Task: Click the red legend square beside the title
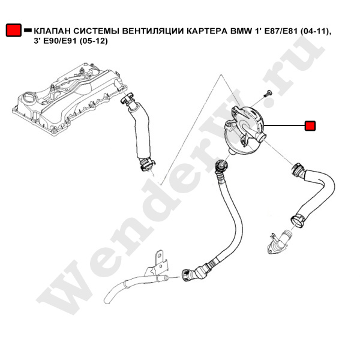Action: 13,30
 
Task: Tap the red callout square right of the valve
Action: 310,126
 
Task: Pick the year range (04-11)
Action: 316,30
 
